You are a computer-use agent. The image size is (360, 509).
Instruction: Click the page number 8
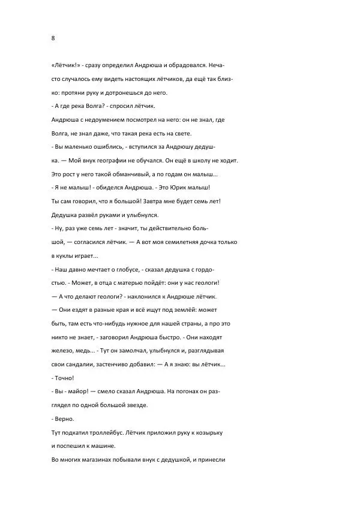pos(53,38)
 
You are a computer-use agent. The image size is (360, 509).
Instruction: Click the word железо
pos(64,351)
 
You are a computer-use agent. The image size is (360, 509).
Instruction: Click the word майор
pos(80,392)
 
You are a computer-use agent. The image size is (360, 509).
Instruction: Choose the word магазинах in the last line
pos(95,460)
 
